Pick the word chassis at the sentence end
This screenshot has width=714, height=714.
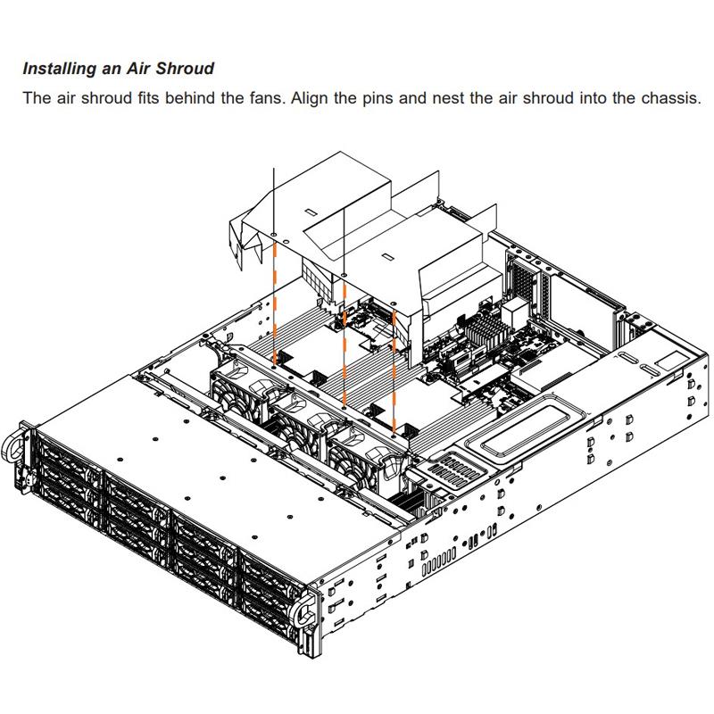pos(669,97)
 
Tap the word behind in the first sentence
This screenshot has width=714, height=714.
pos(183,97)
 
